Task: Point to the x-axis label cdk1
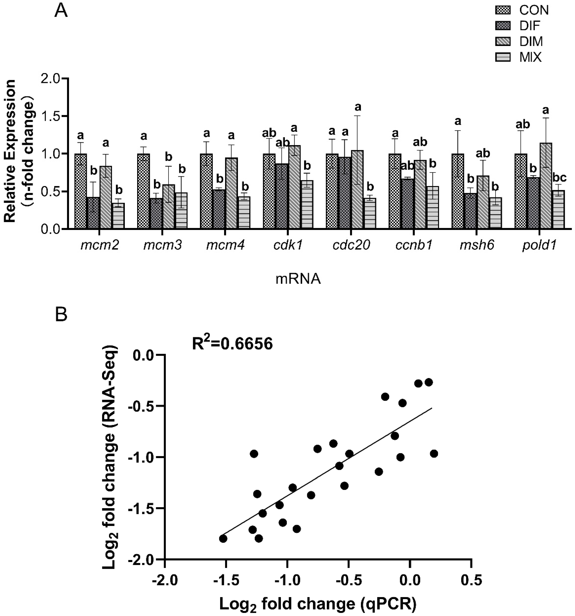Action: coord(288,245)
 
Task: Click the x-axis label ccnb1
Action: coord(413,245)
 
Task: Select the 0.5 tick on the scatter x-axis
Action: coord(471,579)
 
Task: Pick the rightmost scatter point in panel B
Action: coord(434,454)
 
